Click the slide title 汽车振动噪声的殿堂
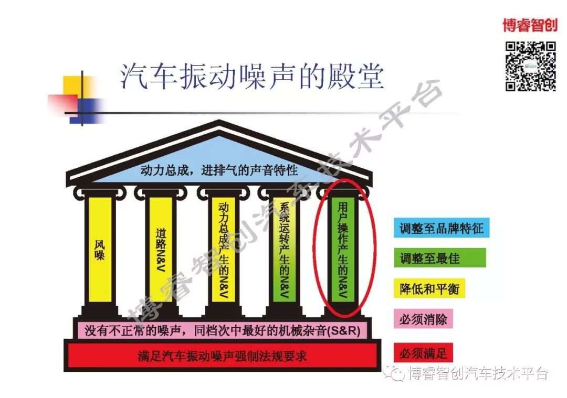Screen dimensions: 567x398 [x=252, y=77]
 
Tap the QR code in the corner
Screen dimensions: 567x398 [x=530, y=66]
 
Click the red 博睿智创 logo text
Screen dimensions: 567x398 [x=530, y=25]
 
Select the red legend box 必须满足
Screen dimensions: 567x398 [x=423, y=352]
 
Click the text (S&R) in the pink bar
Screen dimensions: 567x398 [x=348, y=331]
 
